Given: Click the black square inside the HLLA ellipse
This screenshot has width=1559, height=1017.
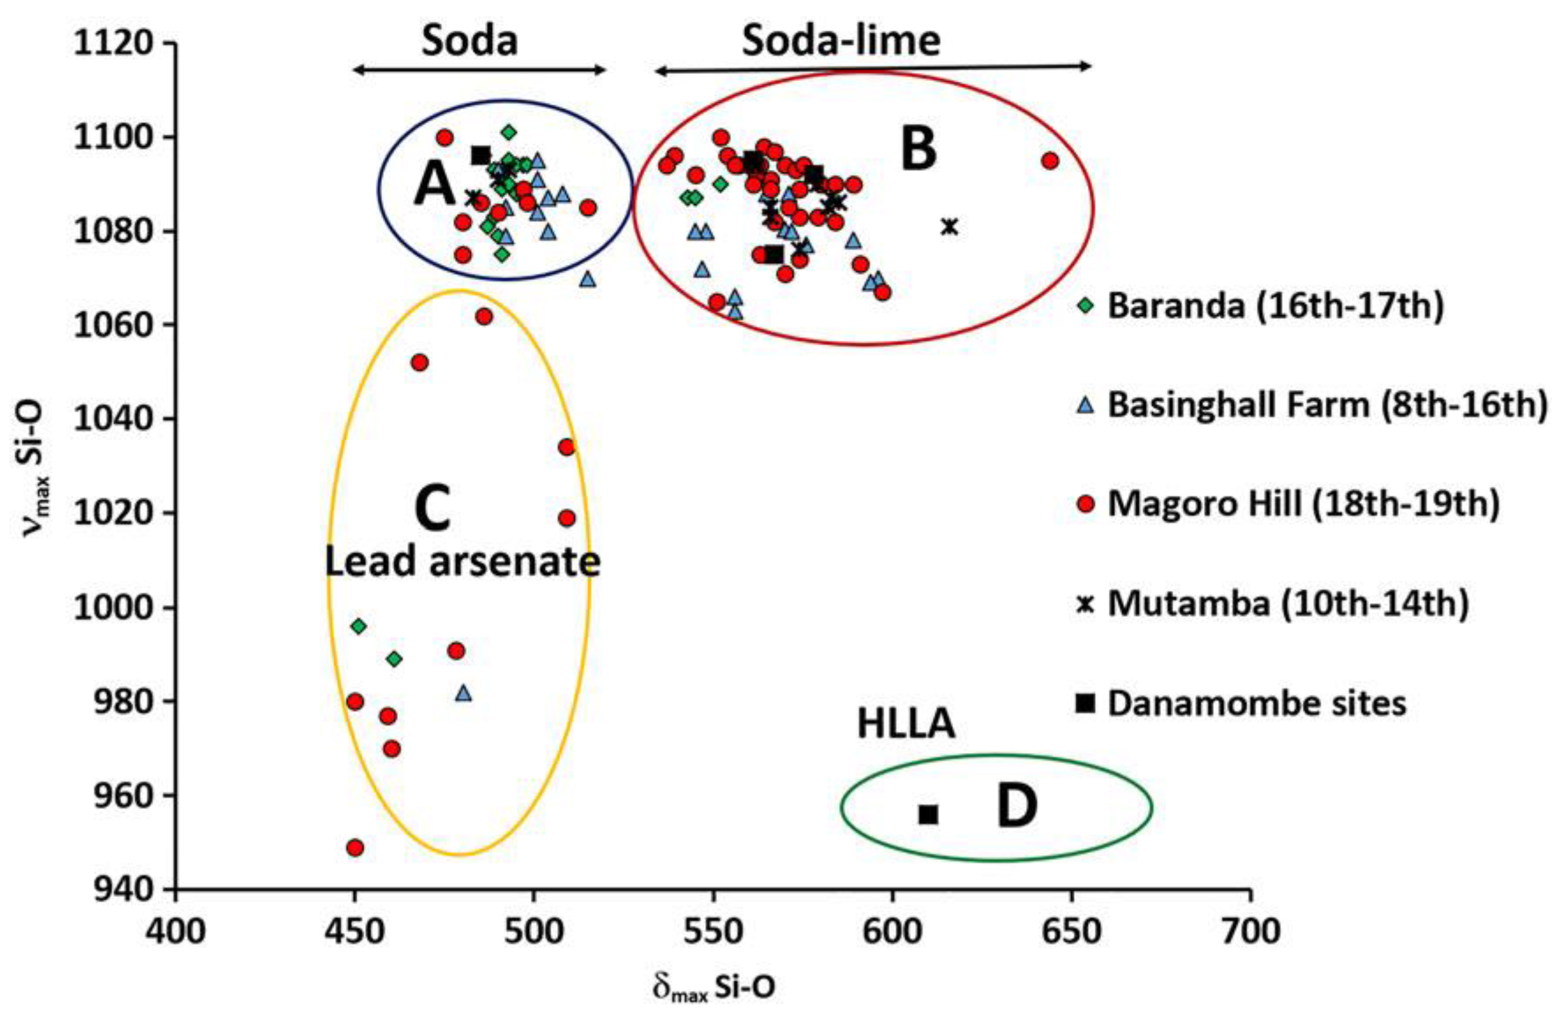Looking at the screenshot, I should tap(928, 814).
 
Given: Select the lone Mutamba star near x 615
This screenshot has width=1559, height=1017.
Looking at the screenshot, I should tap(950, 227).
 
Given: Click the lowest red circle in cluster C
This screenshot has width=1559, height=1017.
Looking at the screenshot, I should tap(355, 847).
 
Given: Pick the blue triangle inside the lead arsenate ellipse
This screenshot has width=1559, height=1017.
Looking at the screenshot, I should tap(463, 693).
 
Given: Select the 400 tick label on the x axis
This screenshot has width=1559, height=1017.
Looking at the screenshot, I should tap(176, 931).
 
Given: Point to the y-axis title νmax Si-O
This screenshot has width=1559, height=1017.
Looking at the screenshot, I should tap(33, 465).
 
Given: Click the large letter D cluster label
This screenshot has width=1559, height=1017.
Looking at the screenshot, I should tap(1017, 808).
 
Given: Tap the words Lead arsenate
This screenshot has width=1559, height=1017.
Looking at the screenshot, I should tap(463, 561).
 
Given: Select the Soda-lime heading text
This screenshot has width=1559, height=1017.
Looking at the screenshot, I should tap(841, 41).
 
